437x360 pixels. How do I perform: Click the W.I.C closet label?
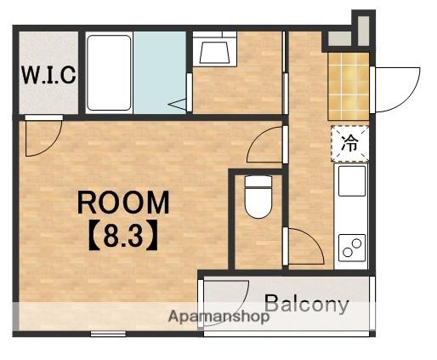click(48, 75)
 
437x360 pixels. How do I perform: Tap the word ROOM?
click(123, 203)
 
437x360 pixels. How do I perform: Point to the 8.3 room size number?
click(123, 236)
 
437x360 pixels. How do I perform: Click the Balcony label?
click(307, 304)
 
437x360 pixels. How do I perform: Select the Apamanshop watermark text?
click(218, 317)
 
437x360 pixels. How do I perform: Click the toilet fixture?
click(258, 197)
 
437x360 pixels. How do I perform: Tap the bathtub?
click(109, 72)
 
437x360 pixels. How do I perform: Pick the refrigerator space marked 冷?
click(350, 144)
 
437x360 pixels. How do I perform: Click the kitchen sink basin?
click(352, 181)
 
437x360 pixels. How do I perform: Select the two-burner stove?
click(352, 248)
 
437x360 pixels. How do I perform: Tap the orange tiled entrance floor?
click(349, 86)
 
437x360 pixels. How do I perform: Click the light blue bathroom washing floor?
click(160, 72)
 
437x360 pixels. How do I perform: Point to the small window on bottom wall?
click(108, 334)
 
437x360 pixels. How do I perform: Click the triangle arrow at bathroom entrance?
click(177, 104)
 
